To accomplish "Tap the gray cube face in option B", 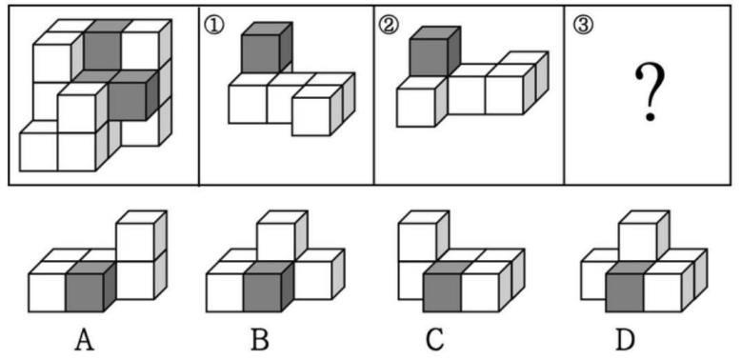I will pyautogui.click(x=261, y=289).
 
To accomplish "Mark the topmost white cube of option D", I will pyautogui.click(x=636, y=238).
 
